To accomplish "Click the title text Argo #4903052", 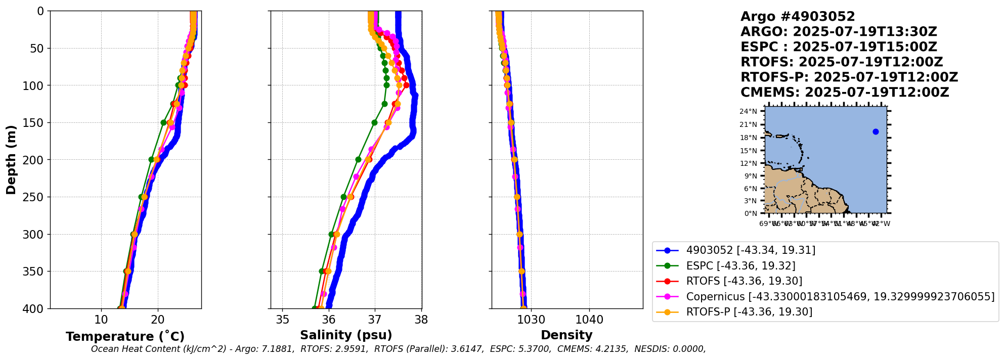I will pyautogui.click(x=797, y=17).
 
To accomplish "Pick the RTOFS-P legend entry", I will pyautogui.click(x=749, y=312).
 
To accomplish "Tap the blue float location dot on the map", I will pyautogui.click(x=876, y=132).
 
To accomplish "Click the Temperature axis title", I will pyautogui.click(x=125, y=337).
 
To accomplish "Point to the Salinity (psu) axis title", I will pyautogui.click(x=346, y=335).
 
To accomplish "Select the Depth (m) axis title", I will pyautogui.click(x=11, y=160).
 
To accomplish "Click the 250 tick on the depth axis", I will pyautogui.click(x=35, y=197).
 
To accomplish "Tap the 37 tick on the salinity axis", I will pyautogui.click(x=375, y=320).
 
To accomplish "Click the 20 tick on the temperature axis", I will pyautogui.click(x=158, y=320).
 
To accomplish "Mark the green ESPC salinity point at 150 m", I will pyautogui.click(x=374, y=122).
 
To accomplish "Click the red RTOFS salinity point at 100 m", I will pyautogui.click(x=406, y=85).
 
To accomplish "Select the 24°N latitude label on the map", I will pyautogui.click(x=749, y=112).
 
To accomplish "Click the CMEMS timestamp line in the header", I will pyautogui.click(x=845, y=93).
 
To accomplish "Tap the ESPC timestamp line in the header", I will pyautogui.click(x=839, y=47).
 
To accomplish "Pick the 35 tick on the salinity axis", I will pyautogui.click(x=282, y=320).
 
